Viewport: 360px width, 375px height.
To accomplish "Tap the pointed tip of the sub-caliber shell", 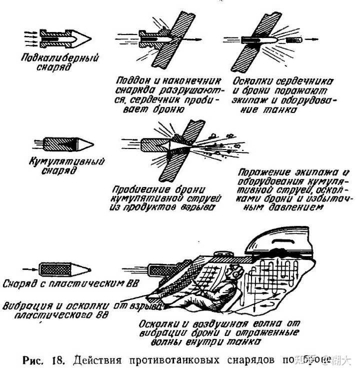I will (x=88, y=37).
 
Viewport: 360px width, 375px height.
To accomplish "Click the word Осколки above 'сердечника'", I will (x=252, y=80).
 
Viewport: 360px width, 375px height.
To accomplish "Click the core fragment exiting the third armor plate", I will (x=291, y=38).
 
